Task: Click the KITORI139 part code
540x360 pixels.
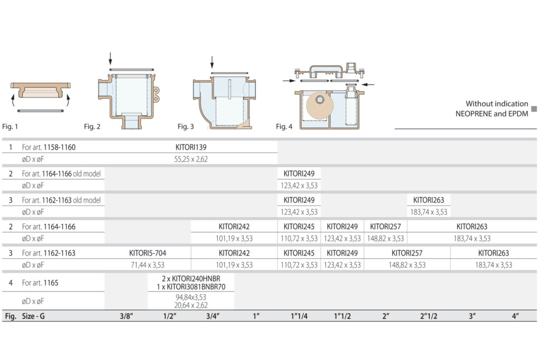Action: click(191, 147)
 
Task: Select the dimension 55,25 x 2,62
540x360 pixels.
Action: click(191, 159)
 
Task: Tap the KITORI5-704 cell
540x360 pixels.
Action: click(148, 253)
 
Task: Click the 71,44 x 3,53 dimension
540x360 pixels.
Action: click(148, 265)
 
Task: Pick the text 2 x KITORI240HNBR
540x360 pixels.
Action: click(191, 279)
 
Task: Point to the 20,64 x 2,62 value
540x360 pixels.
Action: click(191, 305)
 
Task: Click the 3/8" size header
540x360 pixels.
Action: click(127, 316)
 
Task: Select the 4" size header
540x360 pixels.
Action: click(515, 316)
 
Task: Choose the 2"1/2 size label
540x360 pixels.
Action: click(428, 316)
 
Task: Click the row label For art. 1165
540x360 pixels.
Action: click(40, 283)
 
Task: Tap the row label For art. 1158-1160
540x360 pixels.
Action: click(49, 147)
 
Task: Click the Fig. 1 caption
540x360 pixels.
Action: click(10, 127)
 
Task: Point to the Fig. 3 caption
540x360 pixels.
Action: click(186, 127)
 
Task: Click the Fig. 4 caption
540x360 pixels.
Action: click(284, 127)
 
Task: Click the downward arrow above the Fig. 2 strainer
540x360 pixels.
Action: click(110, 59)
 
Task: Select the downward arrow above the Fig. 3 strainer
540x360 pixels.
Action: click(212, 62)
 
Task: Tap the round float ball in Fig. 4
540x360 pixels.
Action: click(320, 105)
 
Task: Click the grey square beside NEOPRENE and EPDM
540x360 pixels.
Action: click(534, 109)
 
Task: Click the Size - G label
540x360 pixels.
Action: click(33, 316)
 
